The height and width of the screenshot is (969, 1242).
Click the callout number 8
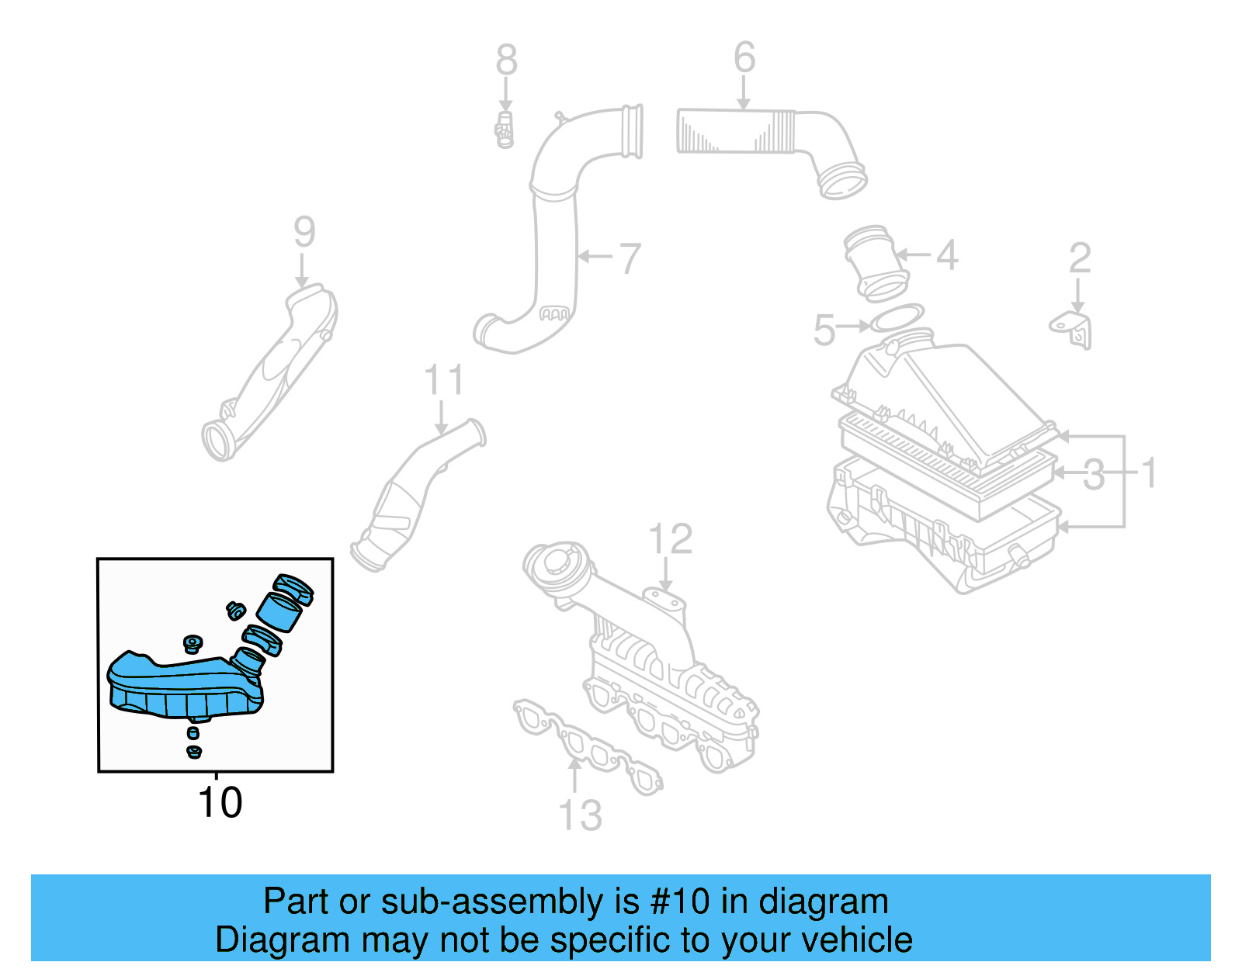[506, 60]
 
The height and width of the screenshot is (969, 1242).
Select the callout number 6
[744, 57]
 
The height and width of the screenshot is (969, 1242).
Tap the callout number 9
[304, 231]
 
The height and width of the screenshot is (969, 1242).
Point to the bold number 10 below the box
[220, 802]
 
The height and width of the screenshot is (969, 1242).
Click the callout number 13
[580, 815]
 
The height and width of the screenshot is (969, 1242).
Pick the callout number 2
[1080, 258]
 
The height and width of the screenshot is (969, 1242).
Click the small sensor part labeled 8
[505, 130]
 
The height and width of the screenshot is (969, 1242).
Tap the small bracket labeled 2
[1073, 329]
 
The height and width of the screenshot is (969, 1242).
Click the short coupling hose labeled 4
[876, 262]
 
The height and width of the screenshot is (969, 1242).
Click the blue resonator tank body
[182, 687]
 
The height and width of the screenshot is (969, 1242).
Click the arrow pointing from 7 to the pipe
[595, 256]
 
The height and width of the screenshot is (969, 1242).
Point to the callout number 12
[670, 538]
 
